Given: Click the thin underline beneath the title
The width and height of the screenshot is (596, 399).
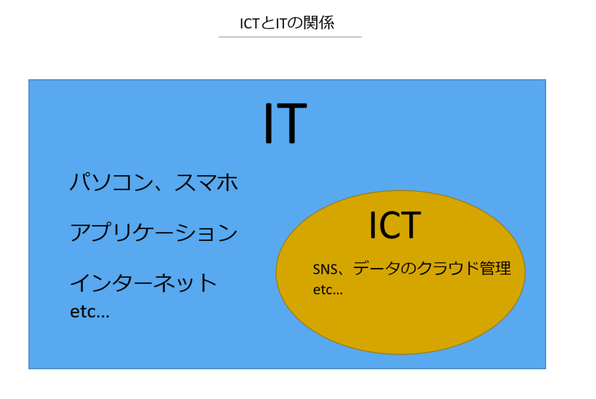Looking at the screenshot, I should tap(290, 37).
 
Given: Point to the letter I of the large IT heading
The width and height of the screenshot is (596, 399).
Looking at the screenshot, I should tap(268, 123).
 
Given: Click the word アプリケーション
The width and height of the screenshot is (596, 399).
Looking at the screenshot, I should tap(154, 233).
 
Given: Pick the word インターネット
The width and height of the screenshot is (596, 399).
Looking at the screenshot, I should tap(143, 283).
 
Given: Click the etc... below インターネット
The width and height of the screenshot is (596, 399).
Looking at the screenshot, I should tap(90, 312).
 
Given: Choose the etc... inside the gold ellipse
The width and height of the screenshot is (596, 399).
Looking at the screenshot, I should tap(328, 290).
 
